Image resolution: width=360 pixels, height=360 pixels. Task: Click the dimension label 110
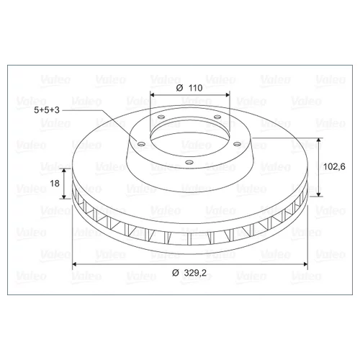(x=196, y=88)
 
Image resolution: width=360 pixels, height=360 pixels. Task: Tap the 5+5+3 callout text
(x=47, y=110)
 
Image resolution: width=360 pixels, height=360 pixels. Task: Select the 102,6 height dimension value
(x=334, y=166)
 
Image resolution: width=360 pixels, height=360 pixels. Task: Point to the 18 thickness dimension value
(x=55, y=184)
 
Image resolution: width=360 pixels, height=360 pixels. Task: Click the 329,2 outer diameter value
(x=195, y=273)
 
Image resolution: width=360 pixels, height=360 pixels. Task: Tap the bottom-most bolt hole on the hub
(x=189, y=163)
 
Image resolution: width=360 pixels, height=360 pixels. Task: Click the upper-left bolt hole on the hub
(x=161, y=117)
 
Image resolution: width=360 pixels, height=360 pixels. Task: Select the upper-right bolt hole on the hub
(x=217, y=117)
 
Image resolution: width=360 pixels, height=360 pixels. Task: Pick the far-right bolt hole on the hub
(x=238, y=144)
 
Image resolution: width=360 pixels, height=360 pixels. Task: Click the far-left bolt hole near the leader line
(x=142, y=144)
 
